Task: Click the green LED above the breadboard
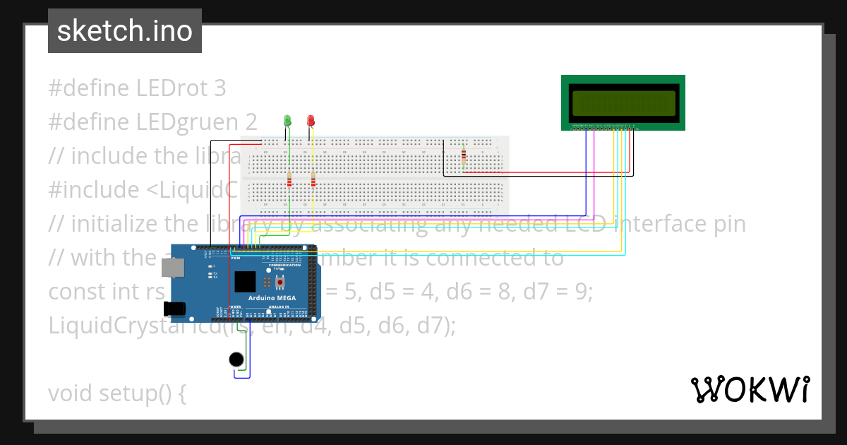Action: [x=287, y=121]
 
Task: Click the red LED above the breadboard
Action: [x=311, y=121]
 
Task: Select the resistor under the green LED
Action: [x=289, y=181]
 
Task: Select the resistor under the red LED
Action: [x=313, y=182]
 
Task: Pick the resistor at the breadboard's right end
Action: [x=463, y=158]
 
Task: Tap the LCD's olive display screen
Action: [x=622, y=103]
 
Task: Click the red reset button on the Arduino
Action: [x=280, y=283]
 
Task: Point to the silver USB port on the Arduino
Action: [x=172, y=266]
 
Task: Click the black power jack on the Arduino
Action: [x=174, y=309]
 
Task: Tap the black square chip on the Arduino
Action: [x=245, y=282]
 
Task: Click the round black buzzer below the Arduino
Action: [x=237, y=360]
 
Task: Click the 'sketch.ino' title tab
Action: [x=125, y=31]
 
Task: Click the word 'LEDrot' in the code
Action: [x=173, y=88]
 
